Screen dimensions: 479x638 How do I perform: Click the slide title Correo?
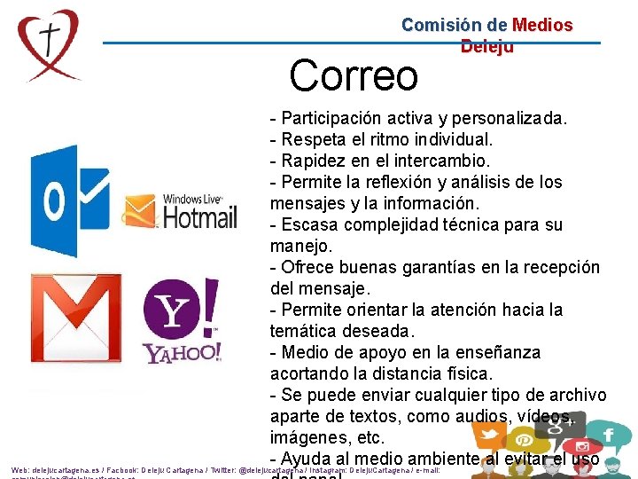(x=353, y=75)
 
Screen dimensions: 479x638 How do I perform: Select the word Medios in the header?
(x=542, y=26)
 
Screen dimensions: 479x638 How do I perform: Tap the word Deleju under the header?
(x=486, y=46)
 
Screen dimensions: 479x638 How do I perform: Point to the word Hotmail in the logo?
(x=200, y=216)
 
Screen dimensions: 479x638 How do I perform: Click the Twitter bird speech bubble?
(x=490, y=435)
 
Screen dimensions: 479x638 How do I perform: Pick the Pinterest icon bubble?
(x=524, y=440)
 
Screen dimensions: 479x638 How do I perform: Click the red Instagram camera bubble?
(x=580, y=448)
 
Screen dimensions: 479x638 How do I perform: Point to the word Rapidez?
(x=314, y=161)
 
